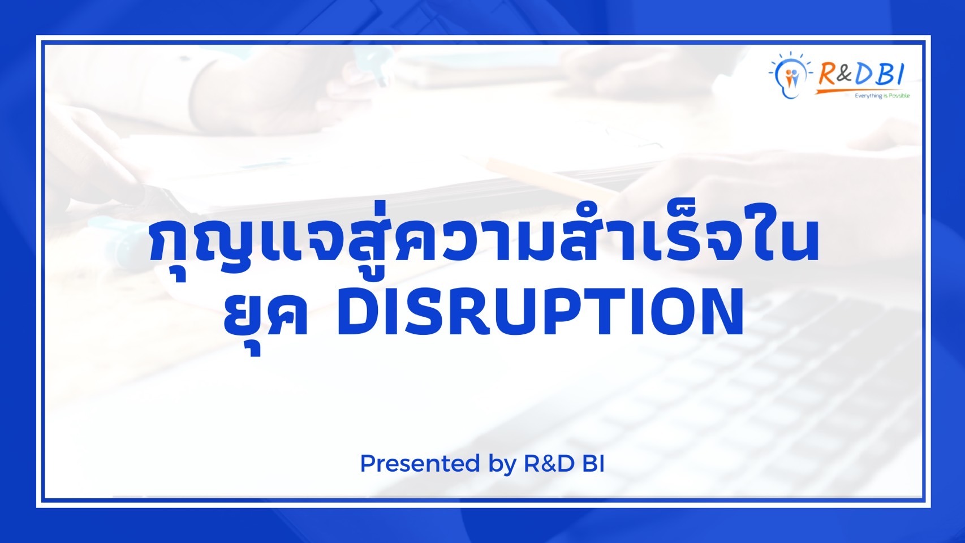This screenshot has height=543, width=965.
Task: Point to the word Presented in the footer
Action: point(420,464)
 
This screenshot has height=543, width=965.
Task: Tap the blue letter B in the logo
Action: point(884,74)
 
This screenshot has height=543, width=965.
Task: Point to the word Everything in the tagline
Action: point(868,96)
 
